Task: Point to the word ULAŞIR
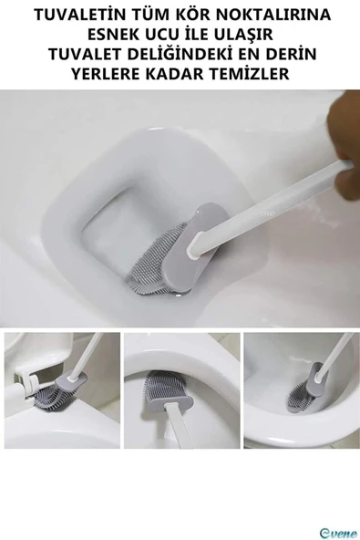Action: (x=258, y=36)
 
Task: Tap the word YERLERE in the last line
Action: (x=108, y=74)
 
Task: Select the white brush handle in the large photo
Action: (x=273, y=205)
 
